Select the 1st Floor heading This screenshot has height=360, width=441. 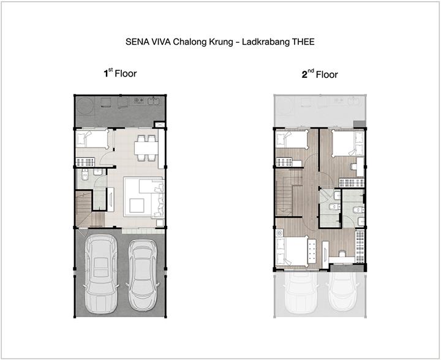pyautogui.click(x=120, y=73)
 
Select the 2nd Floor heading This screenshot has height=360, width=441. pyautogui.click(x=320, y=74)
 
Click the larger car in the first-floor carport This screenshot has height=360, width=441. pyautogui.click(x=100, y=274)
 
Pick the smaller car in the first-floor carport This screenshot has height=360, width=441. pyautogui.click(x=143, y=275)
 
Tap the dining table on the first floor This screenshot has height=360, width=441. pyautogui.click(x=146, y=148)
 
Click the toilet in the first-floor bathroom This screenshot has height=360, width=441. pyautogui.click(x=85, y=175)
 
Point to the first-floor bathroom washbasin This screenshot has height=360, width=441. pyautogui.click(x=98, y=172)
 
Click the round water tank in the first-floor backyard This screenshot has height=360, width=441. pyautogui.click(x=85, y=106)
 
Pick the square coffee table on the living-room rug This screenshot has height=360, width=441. pyautogui.click(x=137, y=206)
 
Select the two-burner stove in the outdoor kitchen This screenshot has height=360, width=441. pyautogui.click(x=138, y=100)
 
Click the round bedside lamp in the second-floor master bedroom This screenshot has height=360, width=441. pyautogui.click(x=279, y=233)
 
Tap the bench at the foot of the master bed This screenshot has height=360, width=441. pyautogui.click(x=312, y=251)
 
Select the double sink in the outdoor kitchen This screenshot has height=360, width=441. pyautogui.click(x=154, y=100)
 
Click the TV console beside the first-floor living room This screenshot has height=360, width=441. pyautogui.click(x=110, y=199)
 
